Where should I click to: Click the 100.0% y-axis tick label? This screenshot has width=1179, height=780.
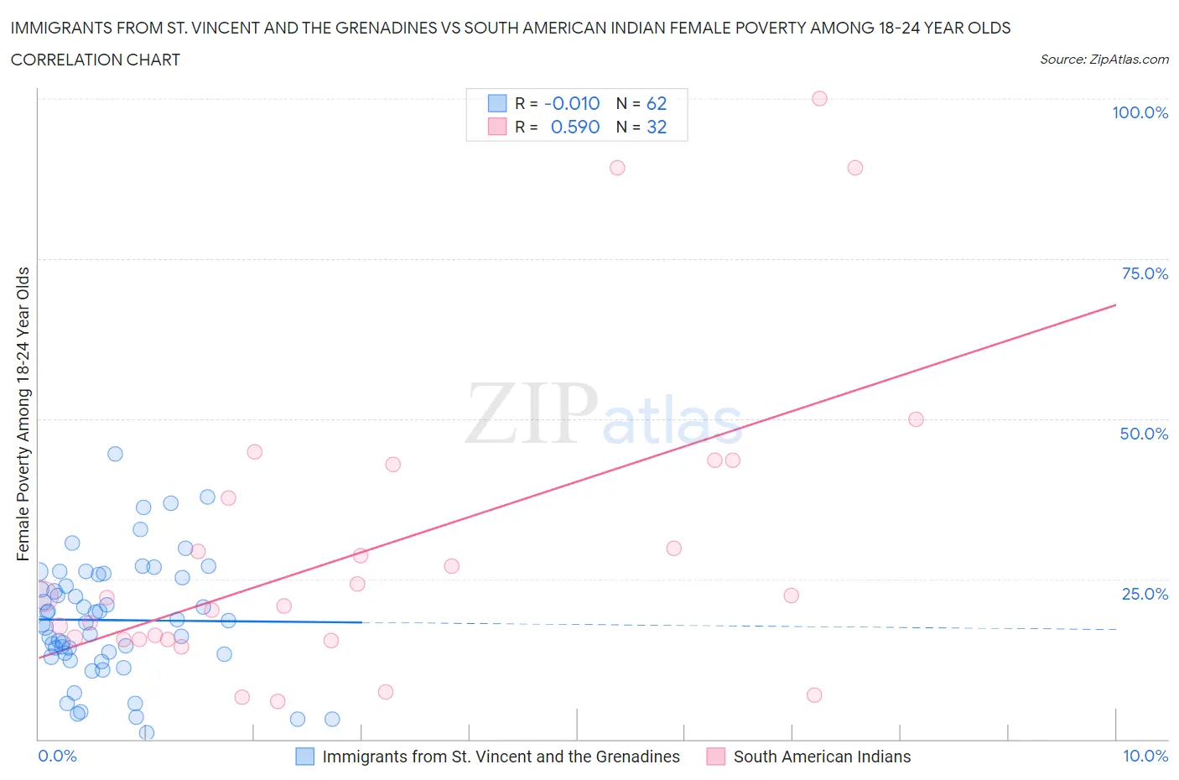pyautogui.click(x=1140, y=112)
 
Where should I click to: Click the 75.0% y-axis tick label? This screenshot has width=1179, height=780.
pyautogui.click(x=1144, y=273)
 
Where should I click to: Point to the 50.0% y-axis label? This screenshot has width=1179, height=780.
pyautogui.click(x=1144, y=434)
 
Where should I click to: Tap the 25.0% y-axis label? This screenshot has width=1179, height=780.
pyautogui.click(x=1144, y=594)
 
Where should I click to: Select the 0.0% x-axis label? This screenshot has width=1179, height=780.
pyautogui.click(x=57, y=756)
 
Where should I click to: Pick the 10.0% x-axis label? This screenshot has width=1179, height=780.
pyautogui.click(x=1145, y=756)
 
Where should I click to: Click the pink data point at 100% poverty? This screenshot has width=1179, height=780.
pyautogui.click(x=819, y=98)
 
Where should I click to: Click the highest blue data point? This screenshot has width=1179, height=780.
pyautogui.click(x=115, y=454)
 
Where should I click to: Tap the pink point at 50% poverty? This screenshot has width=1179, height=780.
pyautogui.click(x=916, y=419)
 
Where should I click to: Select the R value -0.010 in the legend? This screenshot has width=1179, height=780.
pyautogui.click(x=572, y=103)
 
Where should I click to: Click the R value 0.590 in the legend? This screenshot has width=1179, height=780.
pyautogui.click(x=575, y=127)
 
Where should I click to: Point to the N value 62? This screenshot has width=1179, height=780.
pyautogui.click(x=656, y=103)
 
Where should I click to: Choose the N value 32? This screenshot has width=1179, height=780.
pyautogui.click(x=656, y=127)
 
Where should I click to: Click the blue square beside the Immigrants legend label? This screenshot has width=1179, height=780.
pyautogui.click(x=305, y=757)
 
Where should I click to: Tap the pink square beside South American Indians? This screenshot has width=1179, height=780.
pyautogui.click(x=715, y=757)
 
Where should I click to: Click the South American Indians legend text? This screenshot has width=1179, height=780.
pyautogui.click(x=822, y=757)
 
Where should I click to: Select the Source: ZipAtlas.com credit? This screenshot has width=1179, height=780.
pyautogui.click(x=1104, y=59)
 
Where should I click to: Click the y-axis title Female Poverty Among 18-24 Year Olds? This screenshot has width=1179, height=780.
pyautogui.click(x=23, y=413)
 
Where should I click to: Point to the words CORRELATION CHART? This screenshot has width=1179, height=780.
pyautogui.click(x=96, y=60)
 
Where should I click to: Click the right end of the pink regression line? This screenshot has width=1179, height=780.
pyautogui.click(x=1115, y=305)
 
